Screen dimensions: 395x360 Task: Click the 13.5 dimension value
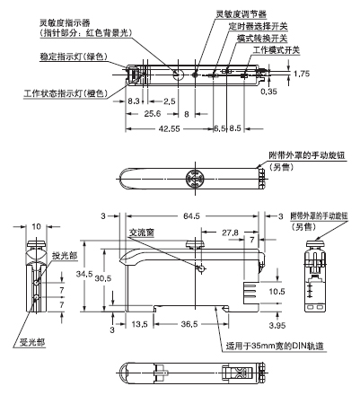(139, 324)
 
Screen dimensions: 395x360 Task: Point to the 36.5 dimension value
(189, 324)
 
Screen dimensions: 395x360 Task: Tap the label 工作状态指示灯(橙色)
(56, 92)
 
